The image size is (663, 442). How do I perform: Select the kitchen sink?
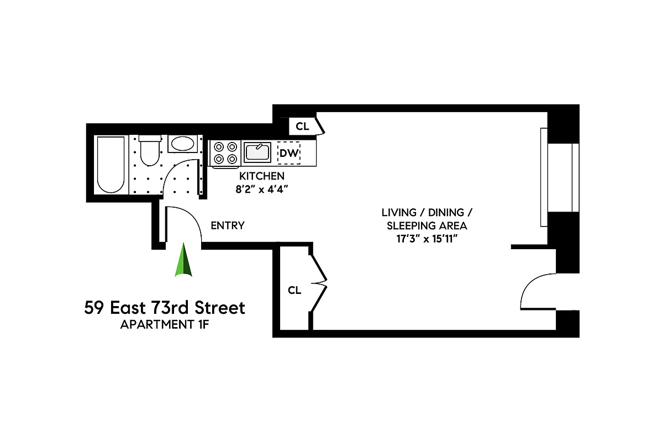pyautogui.click(x=257, y=152)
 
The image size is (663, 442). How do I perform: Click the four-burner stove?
pyautogui.click(x=225, y=153)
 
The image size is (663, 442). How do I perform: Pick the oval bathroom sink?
pyautogui.click(x=182, y=144)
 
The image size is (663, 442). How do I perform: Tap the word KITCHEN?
pyautogui.click(x=261, y=176)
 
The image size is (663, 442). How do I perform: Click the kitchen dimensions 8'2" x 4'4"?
pyautogui.click(x=262, y=188)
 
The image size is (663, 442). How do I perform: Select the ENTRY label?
pyautogui.click(x=228, y=225)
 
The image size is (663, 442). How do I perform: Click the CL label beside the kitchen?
pyautogui.click(x=302, y=126)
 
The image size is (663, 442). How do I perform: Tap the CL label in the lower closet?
pyautogui.click(x=294, y=290)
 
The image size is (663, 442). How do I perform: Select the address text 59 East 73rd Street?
pyautogui.click(x=165, y=308)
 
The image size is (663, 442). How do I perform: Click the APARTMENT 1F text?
pyautogui.click(x=165, y=324)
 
